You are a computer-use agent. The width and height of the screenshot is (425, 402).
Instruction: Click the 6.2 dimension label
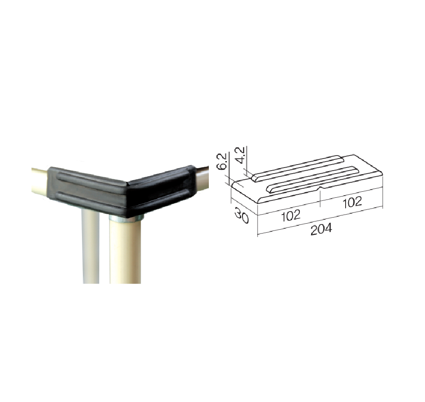221,161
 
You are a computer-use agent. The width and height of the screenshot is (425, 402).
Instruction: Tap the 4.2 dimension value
240,155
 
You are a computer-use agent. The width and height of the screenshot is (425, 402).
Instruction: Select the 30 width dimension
242,215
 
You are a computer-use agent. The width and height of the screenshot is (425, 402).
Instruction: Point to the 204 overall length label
321,229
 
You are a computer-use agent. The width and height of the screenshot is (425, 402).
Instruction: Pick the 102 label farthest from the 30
352,203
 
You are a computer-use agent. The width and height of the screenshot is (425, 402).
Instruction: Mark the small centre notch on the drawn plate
320,187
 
